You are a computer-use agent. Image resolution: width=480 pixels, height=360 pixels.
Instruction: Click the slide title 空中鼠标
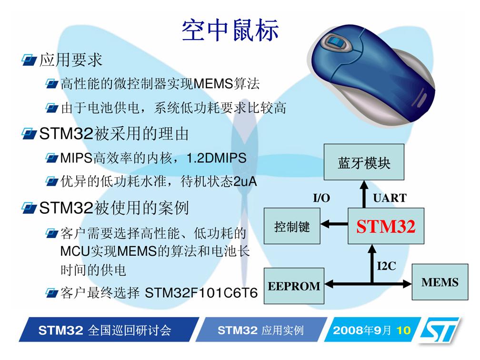[x=230, y=30]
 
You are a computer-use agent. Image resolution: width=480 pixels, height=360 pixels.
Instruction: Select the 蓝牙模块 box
[x=364, y=162]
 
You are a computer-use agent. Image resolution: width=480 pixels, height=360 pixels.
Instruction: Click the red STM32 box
[x=386, y=226]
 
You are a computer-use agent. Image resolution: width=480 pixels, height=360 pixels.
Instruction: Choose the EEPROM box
[x=294, y=286]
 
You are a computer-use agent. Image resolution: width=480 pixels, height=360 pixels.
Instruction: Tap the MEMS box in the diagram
[x=440, y=282]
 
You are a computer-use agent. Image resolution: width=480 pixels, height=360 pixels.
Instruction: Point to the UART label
[x=390, y=198]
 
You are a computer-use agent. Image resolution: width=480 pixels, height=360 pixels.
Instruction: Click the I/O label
[x=321, y=198]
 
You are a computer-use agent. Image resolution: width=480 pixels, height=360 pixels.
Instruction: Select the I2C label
[x=386, y=266]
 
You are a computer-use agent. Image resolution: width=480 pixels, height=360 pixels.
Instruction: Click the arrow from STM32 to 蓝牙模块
[x=364, y=194]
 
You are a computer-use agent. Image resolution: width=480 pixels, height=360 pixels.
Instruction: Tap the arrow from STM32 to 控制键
[x=334, y=224]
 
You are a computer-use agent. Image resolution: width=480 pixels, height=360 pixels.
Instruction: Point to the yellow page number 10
[x=403, y=330]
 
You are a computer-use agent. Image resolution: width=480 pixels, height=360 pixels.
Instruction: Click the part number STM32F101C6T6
[x=201, y=293]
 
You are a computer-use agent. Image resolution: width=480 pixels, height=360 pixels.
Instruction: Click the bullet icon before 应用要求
[x=29, y=60]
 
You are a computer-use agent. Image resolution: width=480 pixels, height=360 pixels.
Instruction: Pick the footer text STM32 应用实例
[x=260, y=330]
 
